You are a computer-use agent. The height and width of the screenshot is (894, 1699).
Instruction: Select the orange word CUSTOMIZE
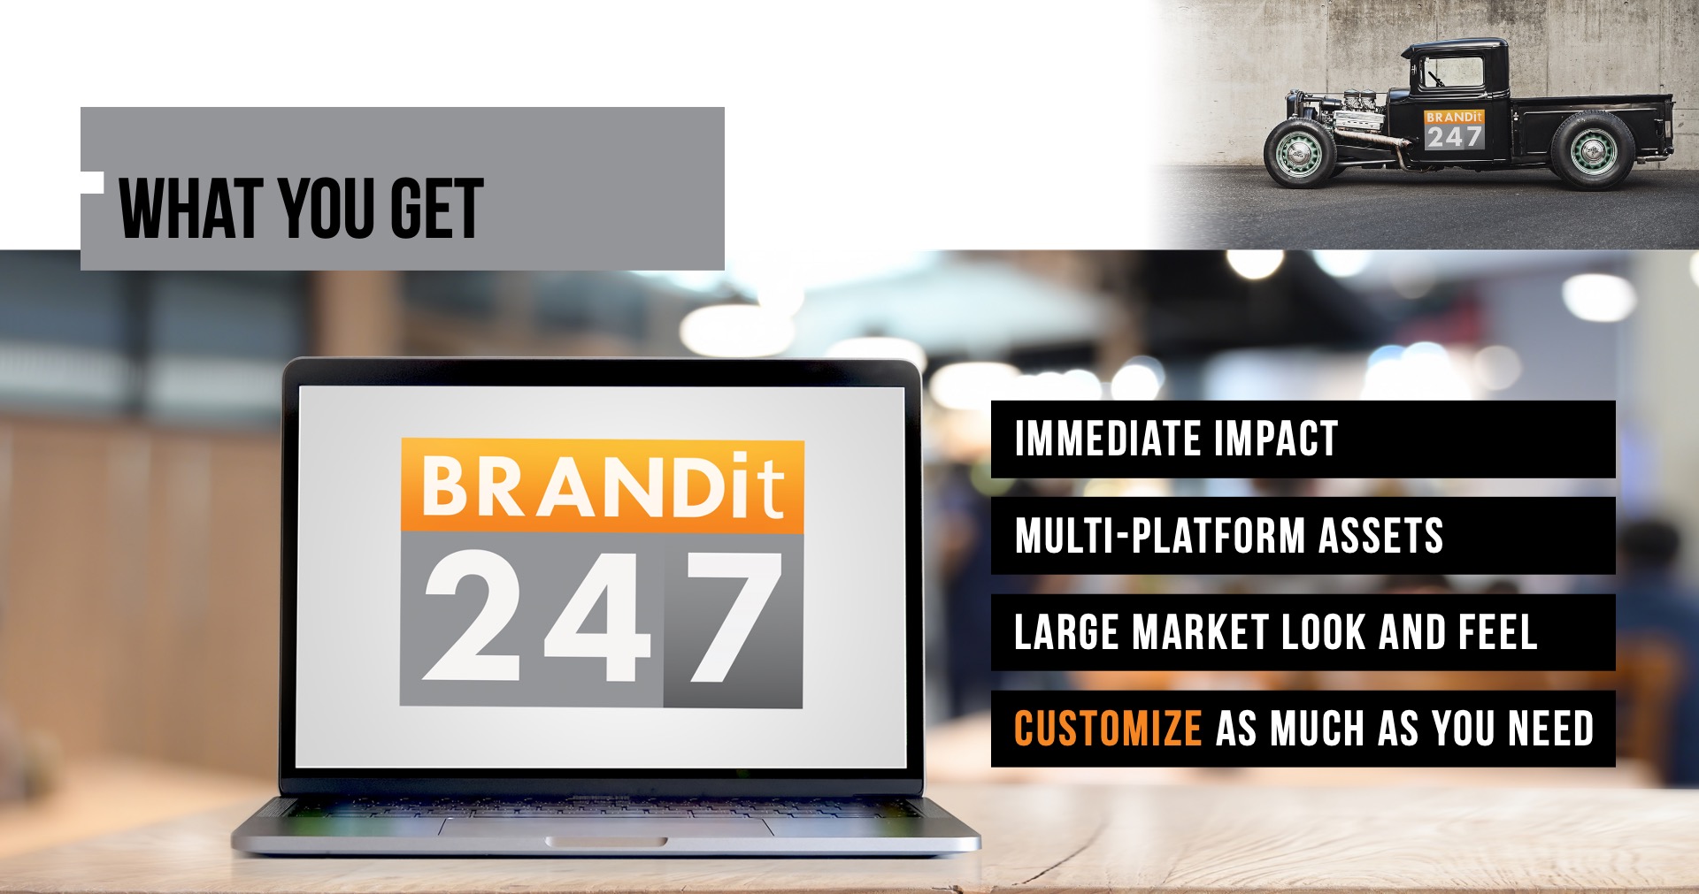[1108, 729]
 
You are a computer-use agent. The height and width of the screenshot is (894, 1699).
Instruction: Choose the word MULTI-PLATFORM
[1160, 536]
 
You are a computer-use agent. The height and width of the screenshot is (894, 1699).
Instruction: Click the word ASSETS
[1381, 536]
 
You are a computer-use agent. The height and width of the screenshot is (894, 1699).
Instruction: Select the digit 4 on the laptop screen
[598, 616]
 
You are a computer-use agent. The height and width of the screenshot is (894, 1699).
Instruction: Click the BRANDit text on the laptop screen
[603, 485]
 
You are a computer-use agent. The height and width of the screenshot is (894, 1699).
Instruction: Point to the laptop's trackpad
[606, 827]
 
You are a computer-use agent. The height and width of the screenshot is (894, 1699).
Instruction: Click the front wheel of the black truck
[1299, 153]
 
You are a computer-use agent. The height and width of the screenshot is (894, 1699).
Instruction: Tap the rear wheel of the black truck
[1590, 150]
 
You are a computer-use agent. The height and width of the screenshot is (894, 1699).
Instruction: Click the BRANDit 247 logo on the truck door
[1454, 129]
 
